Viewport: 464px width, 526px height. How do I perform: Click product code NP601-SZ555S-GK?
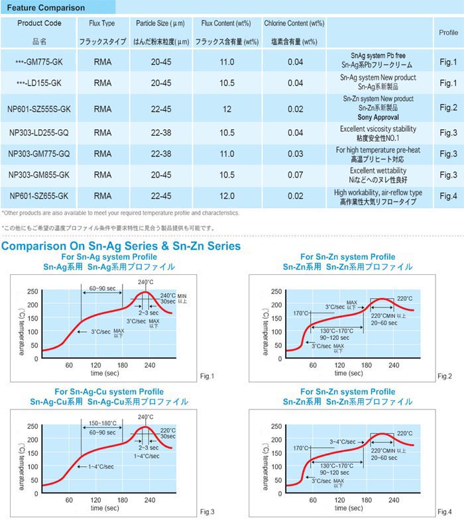pyautogui.click(x=39, y=108)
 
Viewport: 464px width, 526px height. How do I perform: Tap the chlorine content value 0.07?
pyautogui.click(x=295, y=175)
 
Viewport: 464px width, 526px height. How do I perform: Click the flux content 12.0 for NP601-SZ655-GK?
pyautogui.click(x=227, y=196)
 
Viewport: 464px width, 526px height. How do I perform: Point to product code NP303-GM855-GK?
pyautogui.click(x=39, y=175)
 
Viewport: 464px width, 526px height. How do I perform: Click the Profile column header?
pyautogui.click(x=448, y=32)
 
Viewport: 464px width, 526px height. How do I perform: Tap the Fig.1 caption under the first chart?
pyautogui.click(x=207, y=376)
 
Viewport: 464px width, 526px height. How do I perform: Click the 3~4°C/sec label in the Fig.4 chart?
pyautogui.click(x=343, y=440)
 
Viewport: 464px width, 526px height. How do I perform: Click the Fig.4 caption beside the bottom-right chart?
pyautogui.click(x=444, y=511)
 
